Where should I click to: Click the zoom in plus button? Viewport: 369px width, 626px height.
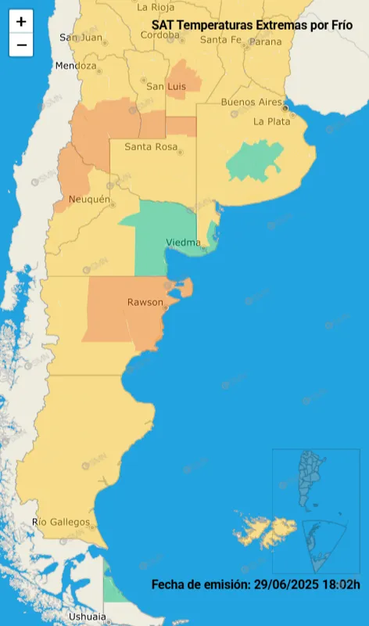click(21, 22)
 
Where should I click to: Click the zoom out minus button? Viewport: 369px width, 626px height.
click(21, 45)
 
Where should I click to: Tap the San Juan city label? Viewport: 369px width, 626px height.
click(81, 38)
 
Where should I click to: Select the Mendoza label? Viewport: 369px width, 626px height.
click(75, 66)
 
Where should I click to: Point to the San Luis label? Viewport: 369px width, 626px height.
click(166, 86)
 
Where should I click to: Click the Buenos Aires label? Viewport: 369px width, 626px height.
click(251, 103)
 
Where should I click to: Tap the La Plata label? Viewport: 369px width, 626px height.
click(271, 121)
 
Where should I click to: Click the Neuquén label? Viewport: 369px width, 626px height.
click(89, 200)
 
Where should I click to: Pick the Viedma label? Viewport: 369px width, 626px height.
click(183, 243)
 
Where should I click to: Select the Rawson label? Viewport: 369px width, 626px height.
click(145, 302)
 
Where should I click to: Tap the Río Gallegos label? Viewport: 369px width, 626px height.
click(60, 522)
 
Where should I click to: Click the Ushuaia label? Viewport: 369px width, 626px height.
click(87, 617)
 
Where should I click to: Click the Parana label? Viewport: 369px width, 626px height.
click(265, 41)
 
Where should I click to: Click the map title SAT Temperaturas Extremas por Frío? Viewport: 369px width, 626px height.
click(252, 25)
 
